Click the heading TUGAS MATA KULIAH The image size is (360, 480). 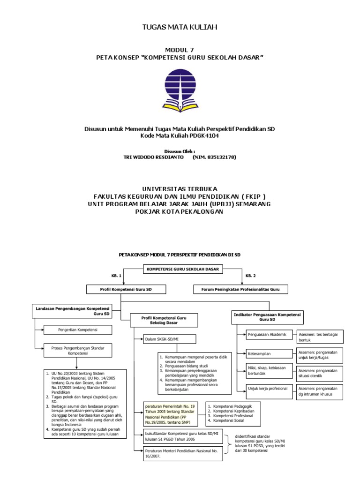pyautogui.click(x=180, y=28)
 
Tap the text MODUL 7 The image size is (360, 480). pyautogui.click(x=180, y=50)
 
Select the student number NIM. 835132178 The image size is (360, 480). pyautogui.click(x=214, y=157)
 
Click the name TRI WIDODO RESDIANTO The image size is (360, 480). pyautogui.click(x=153, y=157)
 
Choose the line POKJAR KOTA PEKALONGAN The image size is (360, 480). pyautogui.click(x=180, y=211)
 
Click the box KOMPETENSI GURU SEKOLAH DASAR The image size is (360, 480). pyautogui.click(x=183, y=269)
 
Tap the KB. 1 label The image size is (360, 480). pyautogui.click(x=116, y=276)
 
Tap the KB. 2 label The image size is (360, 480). pyautogui.click(x=251, y=276)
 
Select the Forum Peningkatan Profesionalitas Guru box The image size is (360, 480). pyautogui.click(x=240, y=290)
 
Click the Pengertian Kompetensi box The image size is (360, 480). pyautogui.click(x=77, y=330)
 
